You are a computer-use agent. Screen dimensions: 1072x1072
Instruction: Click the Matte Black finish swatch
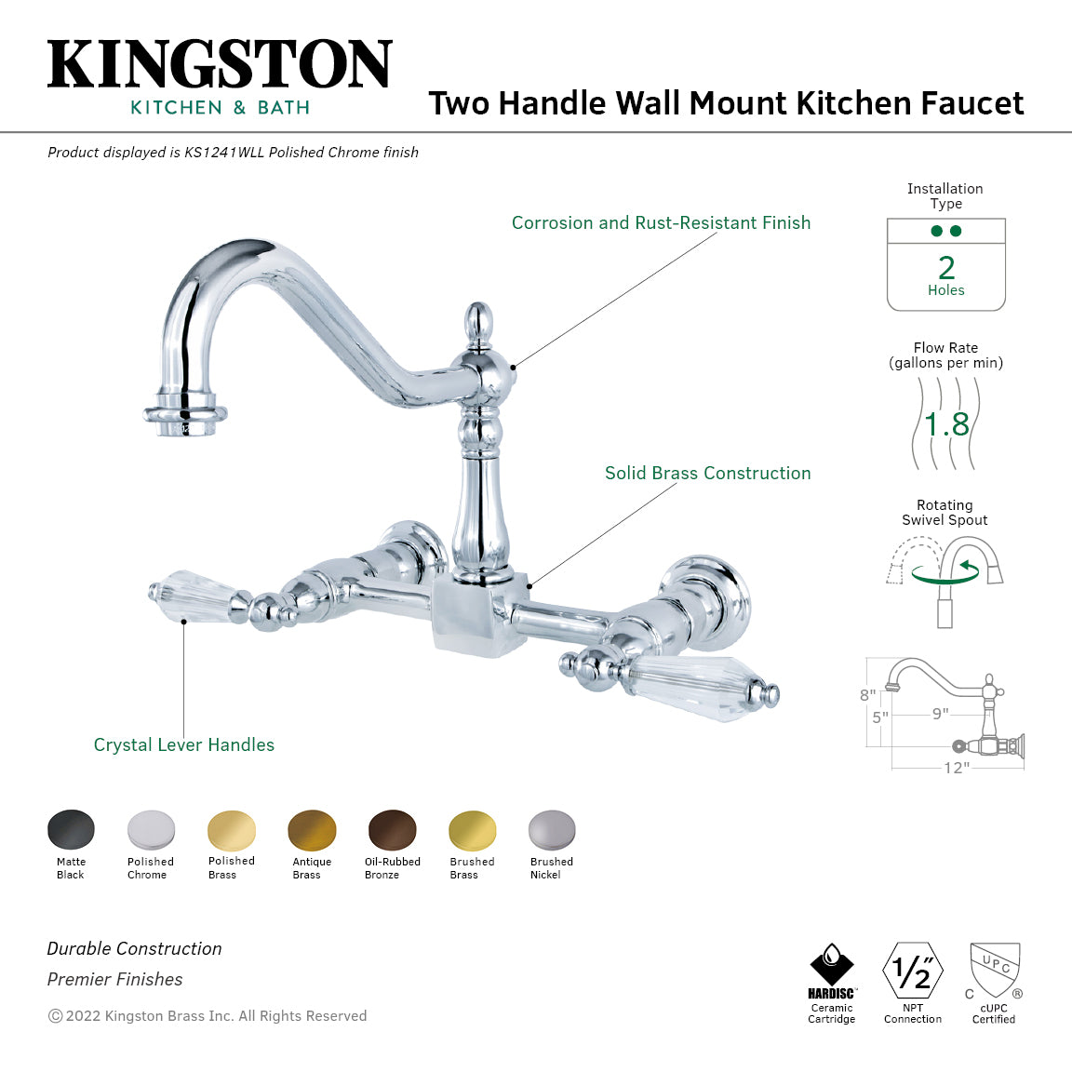click(71, 830)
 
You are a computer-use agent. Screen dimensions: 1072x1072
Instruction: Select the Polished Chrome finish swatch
click(151, 830)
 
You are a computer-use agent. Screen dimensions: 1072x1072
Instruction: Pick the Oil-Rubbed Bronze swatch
click(393, 830)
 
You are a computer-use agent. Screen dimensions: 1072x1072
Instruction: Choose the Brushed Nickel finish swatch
click(552, 830)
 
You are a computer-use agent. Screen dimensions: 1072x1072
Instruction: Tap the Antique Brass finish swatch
click(312, 830)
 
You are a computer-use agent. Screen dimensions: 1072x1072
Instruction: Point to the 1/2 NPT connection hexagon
click(912, 971)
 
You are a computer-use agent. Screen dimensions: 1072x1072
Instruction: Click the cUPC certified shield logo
click(995, 970)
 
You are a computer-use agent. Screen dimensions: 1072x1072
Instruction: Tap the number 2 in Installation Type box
click(946, 268)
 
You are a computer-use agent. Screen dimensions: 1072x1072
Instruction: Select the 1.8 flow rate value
click(946, 424)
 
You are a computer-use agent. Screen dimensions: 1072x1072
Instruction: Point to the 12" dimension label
click(957, 768)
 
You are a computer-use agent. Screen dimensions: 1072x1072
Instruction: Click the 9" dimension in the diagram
click(941, 714)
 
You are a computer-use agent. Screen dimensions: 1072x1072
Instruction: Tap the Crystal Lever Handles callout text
click(184, 744)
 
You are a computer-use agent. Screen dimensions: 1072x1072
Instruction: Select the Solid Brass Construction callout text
click(707, 473)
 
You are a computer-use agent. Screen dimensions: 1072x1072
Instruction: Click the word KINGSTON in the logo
click(220, 65)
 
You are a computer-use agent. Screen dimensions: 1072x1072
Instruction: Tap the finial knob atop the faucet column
click(478, 322)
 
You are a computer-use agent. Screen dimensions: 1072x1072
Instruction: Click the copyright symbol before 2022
click(55, 1016)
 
